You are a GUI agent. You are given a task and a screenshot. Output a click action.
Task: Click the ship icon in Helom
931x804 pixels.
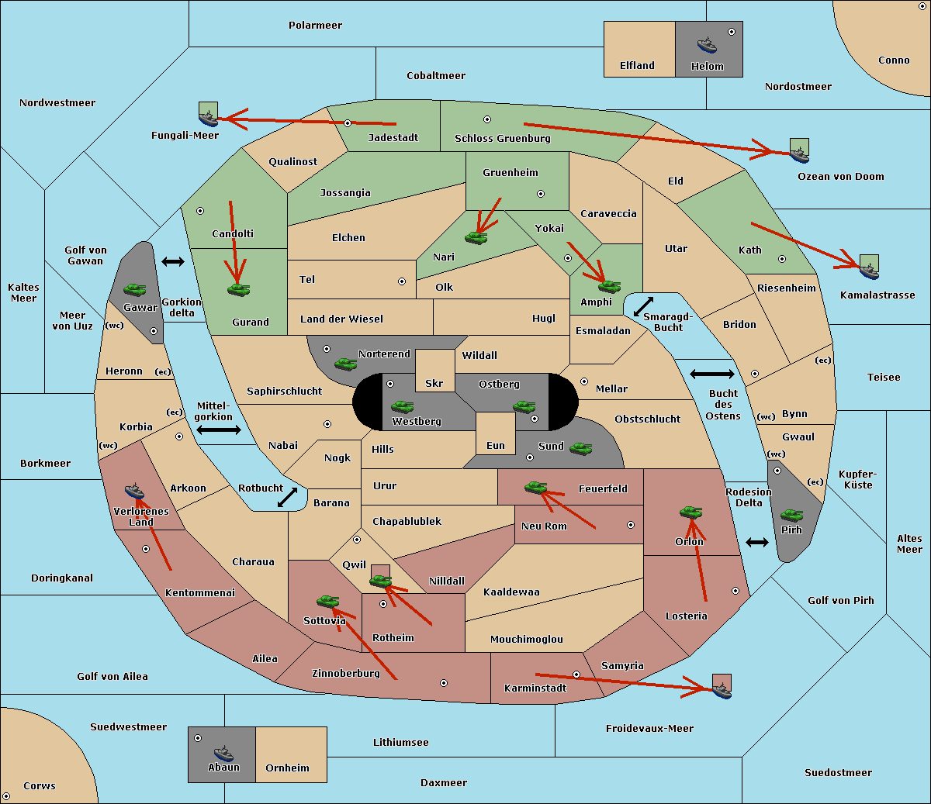click(707, 44)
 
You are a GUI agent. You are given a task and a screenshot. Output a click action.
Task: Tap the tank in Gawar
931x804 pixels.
click(135, 289)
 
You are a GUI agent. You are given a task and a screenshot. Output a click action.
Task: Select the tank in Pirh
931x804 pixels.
click(792, 515)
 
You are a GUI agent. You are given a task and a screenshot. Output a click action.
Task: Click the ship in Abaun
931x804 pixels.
click(224, 753)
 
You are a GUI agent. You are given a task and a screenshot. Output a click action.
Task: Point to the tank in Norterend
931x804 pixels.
click(346, 364)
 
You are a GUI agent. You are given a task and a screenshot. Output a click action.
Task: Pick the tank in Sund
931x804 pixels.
click(580, 448)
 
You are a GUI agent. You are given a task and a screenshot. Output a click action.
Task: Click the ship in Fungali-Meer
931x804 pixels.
click(208, 119)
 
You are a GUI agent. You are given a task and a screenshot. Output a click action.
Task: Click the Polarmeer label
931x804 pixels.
click(315, 26)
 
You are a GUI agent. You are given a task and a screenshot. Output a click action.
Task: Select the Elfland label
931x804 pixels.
click(637, 66)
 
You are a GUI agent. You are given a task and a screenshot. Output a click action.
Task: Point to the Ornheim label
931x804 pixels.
click(287, 768)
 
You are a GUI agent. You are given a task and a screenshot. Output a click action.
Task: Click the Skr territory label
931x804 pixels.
click(434, 383)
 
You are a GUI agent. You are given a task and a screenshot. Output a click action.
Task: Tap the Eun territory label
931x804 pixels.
click(496, 445)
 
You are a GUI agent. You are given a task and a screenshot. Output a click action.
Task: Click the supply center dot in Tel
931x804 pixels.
click(402, 281)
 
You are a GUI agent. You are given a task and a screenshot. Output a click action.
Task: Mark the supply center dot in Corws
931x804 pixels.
click(6, 796)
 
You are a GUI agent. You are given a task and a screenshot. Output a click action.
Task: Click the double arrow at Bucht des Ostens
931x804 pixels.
click(712, 374)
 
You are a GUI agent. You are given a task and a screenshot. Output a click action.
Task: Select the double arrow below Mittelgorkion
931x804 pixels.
click(219, 430)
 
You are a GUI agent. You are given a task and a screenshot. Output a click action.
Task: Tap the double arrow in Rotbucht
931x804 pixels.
click(287, 497)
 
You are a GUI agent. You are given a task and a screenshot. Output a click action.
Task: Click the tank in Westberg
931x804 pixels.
click(402, 406)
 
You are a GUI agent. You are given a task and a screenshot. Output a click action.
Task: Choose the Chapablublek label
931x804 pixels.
click(407, 521)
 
